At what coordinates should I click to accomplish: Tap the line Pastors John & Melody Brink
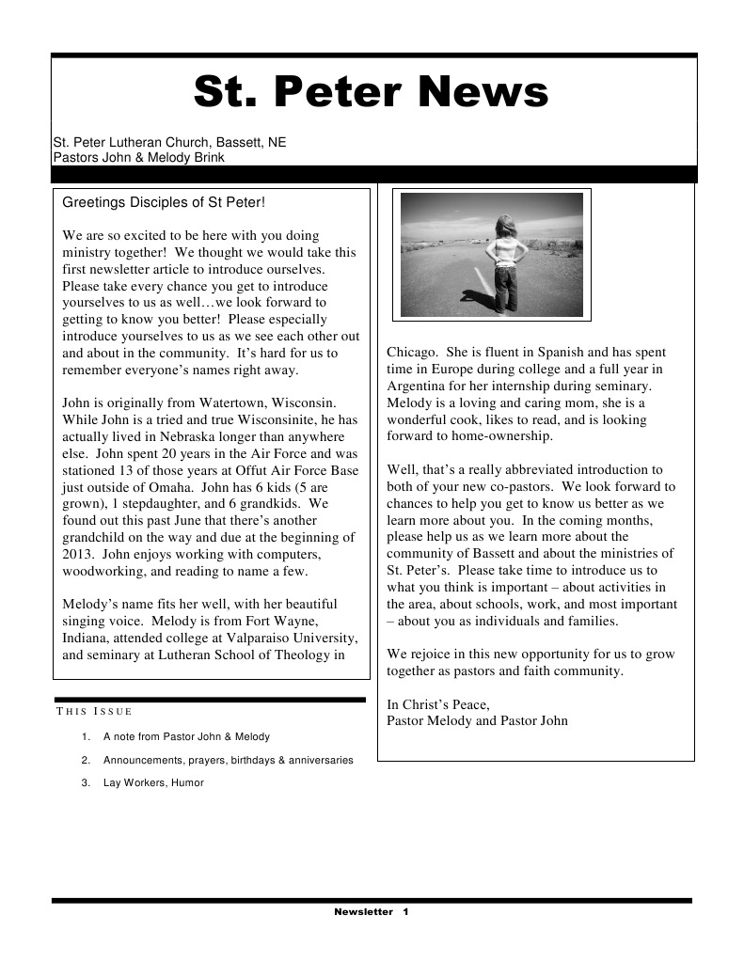pos(139,158)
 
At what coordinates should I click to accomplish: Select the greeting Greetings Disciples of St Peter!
pos(164,202)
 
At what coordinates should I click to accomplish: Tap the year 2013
pos(79,555)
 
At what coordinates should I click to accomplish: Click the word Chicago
pos(411,353)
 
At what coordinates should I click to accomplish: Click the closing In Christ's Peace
pos(438,704)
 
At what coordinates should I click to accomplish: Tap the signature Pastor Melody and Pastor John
pos(477,721)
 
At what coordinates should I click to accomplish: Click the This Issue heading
pos(94,711)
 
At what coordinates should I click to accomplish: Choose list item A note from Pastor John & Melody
pos(186,737)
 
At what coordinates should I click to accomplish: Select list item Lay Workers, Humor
pos(153,782)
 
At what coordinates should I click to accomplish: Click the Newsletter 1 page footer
pos(372,912)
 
